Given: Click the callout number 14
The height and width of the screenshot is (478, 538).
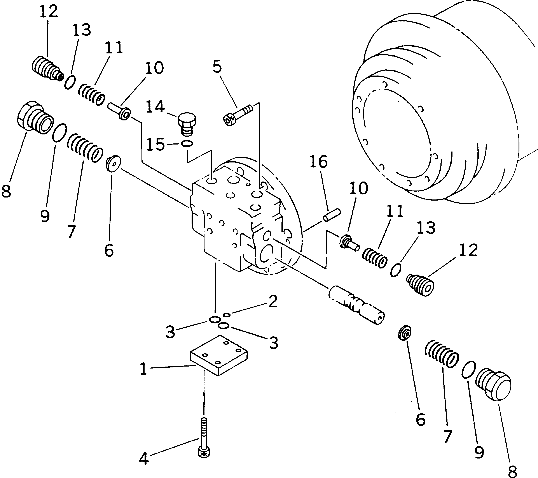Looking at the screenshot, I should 155,107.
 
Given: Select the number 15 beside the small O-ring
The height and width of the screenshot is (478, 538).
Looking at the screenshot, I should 155,145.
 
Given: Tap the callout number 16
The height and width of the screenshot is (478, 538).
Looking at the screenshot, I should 318,162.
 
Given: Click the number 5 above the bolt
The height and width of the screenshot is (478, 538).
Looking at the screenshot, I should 217,67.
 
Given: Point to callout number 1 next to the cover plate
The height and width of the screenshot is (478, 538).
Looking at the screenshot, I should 143,369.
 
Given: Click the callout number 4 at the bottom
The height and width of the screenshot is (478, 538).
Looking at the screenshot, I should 144,459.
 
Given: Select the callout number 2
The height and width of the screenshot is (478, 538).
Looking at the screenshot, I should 273,302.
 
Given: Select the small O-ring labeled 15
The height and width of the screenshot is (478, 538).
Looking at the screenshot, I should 187,144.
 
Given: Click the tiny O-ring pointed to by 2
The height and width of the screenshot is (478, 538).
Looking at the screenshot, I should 227,315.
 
